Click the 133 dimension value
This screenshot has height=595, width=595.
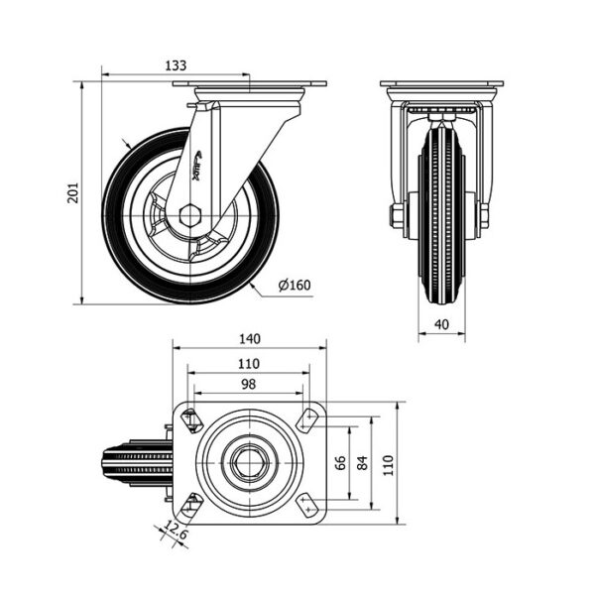pos(176,65)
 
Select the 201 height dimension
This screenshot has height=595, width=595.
pos(72,192)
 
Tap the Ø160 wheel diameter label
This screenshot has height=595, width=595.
pos(295,285)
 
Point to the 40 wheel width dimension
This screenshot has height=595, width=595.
pos(441,324)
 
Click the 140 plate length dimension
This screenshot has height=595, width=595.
pos(250,338)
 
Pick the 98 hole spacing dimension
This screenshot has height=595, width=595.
pos(249,385)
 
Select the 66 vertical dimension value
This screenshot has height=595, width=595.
pos(341,462)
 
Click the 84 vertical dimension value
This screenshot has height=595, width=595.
pos(363,462)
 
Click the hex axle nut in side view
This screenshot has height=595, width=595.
pos(190,216)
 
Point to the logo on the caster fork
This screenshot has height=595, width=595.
pos(197,166)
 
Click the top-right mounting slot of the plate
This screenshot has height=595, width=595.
pos(307,420)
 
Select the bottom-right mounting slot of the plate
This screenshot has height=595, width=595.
pos(307,505)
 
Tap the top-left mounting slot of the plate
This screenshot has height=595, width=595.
pos(191,420)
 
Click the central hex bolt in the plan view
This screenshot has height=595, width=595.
pos(249,463)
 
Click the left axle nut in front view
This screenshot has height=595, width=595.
pos(397,215)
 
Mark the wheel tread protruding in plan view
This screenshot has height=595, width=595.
pos(138,463)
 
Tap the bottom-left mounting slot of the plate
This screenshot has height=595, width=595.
pos(191,505)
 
